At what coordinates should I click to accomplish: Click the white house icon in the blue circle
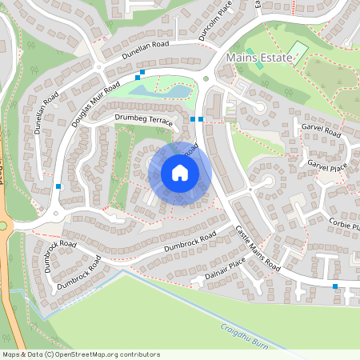pyautogui.click(x=180, y=173)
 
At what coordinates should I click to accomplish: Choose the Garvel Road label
pyautogui.click(x=320, y=130)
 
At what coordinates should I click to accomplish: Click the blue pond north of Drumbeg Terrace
pyautogui.click(x=160, y=91)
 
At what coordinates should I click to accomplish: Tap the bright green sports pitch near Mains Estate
pyautogui.click(x=298, y=52)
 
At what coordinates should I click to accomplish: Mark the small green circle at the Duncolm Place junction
pyautogui.click(x=206, y=78)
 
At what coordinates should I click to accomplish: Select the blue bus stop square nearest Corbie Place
pyautogui.click(x=334, y=286)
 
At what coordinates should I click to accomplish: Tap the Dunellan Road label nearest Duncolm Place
pyautogui.click(x=147, y=53)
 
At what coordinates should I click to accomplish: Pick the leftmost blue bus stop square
pyautogui.click(x=58, y=186)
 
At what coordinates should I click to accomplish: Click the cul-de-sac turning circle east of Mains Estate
pyautogui.click(x=260, y=106)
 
